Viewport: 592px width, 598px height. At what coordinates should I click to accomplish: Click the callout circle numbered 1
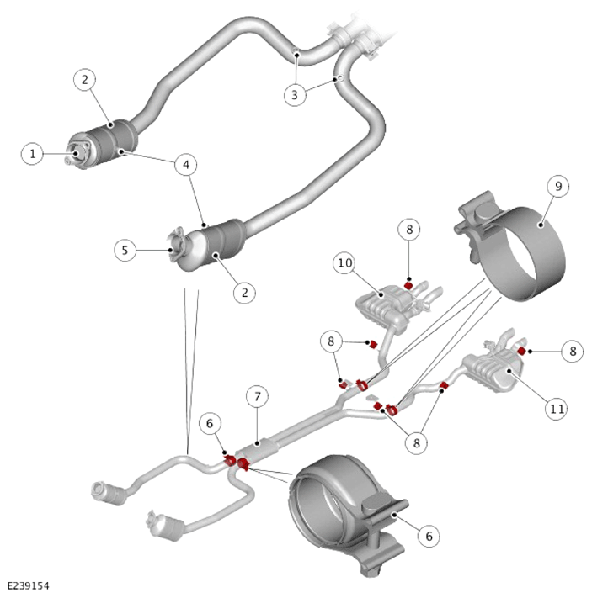click(32, 154)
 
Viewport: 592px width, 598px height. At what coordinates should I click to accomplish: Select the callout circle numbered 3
click(295, 94)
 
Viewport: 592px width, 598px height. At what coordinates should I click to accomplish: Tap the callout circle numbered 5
click(125, 250)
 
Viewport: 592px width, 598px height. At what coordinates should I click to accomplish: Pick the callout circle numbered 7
click(257, 397)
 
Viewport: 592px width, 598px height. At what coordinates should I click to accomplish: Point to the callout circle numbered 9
click(558, 186)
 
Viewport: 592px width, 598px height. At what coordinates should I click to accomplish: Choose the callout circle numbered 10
click(344, 262)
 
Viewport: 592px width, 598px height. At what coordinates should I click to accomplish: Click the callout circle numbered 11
click(556, 409)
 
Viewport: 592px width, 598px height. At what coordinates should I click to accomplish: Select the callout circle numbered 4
click(186, 165)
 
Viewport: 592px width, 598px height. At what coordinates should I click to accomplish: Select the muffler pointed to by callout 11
click(493, 372)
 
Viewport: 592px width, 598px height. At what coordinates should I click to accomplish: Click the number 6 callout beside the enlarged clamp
click(429, 537)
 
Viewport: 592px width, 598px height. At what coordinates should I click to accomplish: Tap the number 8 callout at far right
click(573, 351)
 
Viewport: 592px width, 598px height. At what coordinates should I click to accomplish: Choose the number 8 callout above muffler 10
click(409, 230)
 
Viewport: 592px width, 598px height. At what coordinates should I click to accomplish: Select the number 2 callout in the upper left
click(84, 79)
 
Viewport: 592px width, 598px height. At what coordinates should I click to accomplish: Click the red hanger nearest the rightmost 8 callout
click(521, 351)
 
